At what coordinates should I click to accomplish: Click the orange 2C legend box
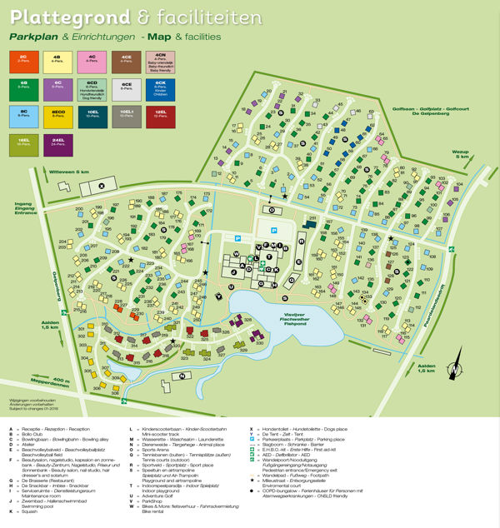(x=22, y=61)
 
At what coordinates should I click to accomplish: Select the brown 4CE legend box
(x=125, y=61)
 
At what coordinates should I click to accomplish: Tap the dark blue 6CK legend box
(x=159, y=87)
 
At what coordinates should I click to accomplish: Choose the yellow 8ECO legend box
(x=57, y=115)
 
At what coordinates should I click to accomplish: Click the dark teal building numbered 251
(x=310, y=226)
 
